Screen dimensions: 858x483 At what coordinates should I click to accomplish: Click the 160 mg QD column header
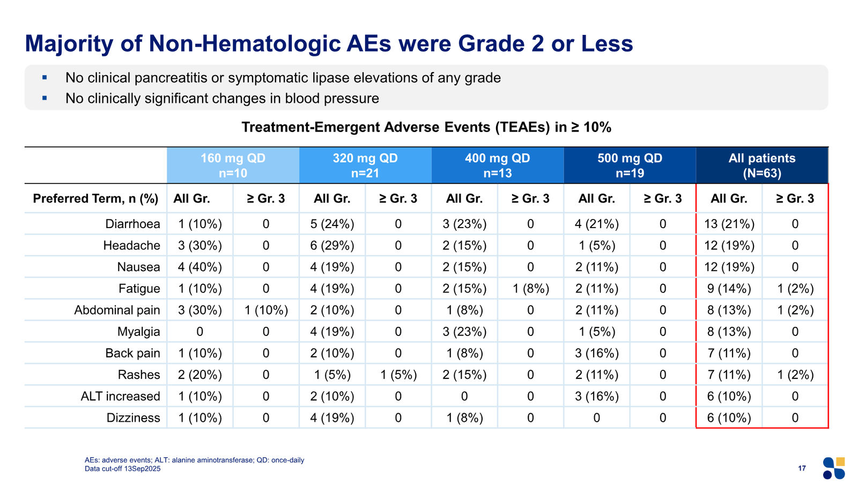click(x=233, y=165)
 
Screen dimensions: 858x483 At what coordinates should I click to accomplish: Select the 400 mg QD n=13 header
click(x=498, y=165)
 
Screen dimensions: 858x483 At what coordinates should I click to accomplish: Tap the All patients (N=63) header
click(x=762, y=165)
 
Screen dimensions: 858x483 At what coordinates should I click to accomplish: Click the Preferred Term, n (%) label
click(x=95, y=199)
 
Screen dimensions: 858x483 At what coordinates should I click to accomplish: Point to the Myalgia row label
click(x=138, y=332)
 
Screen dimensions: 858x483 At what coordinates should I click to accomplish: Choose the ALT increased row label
click(x=120, y=396)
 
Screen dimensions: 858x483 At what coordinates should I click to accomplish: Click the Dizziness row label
click(x=133, y=418)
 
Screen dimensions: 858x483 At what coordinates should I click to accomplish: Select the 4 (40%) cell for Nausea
click(x=199, y=267)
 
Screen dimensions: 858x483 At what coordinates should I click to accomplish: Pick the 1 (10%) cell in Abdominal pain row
click(x=266, y=310)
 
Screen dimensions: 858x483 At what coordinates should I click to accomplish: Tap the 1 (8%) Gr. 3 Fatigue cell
click(x=530, y=288)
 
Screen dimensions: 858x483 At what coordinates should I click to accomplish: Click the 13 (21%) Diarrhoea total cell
click(x=729, y=224)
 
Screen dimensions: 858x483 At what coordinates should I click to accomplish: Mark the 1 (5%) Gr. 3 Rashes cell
click(x=398, y=375)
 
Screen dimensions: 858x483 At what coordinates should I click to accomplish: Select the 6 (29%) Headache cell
click(x=332, y=245)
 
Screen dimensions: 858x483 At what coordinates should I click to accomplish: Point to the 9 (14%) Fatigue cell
click(x=729, y=288)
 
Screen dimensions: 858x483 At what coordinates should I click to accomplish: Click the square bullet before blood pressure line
click(x=45, y=98)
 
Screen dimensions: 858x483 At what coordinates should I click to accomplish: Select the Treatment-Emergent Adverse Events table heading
click(x=426, y=127)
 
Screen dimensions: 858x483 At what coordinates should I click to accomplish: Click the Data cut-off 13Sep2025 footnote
click(x=123, y=469)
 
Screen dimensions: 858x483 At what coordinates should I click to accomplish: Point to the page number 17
click(x=802, y=468)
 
